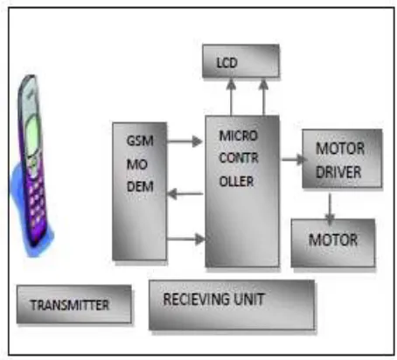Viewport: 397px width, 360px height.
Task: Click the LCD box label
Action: [227, 63]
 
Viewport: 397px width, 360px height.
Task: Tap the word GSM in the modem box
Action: [140, 141]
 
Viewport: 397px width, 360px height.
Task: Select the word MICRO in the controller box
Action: [239, 135]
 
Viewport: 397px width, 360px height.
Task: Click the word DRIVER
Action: [338, 172]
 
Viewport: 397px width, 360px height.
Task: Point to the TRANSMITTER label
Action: [70, 305]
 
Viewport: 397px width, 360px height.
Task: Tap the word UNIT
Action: [249, 299]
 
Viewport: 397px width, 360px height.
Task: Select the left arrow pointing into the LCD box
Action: [231, 97]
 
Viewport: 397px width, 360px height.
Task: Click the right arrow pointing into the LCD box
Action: [263, 97]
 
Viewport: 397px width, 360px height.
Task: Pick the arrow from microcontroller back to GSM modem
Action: [185, 194]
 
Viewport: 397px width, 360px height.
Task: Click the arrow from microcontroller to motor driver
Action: [294, 159]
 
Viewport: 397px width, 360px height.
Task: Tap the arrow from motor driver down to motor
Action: [330, 209]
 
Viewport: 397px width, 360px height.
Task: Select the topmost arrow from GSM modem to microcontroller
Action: [185, 142]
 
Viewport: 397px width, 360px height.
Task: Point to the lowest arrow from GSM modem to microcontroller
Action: [186, 239]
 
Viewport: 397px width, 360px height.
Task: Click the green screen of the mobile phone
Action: [32, 135]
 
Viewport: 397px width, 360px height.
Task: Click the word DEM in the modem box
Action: [140, 187]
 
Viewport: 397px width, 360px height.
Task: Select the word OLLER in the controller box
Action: [236, 182]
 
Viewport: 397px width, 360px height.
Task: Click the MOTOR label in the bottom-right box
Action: [333, 240]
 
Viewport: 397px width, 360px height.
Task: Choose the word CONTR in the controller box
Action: [239, 158]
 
